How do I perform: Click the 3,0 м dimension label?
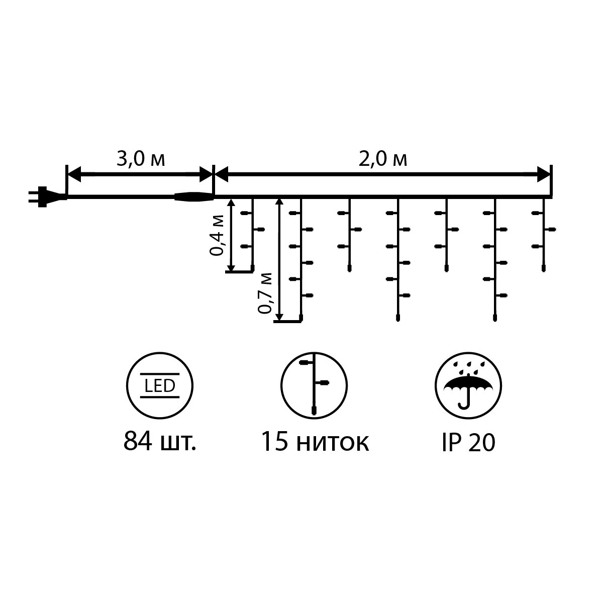pos(141,159)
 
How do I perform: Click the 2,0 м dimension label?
pos(382,159)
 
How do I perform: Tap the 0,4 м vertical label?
pos(217,235)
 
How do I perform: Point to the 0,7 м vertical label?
pos(265,293)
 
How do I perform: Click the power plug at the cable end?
pos(47,196)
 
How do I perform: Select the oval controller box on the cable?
pos(193,197)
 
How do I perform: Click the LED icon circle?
pos(160,385)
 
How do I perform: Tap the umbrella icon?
pos(468,385)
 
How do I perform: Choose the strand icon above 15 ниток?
pos(314,385)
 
